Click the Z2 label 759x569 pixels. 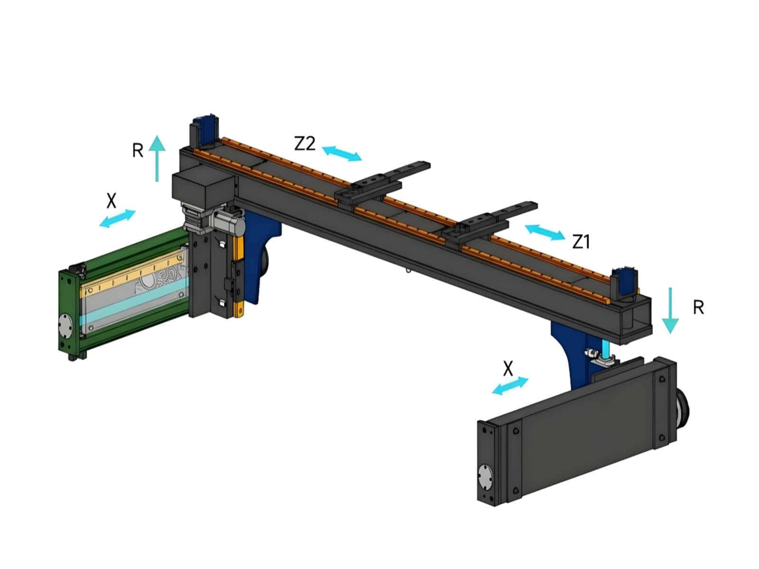pos(305,143)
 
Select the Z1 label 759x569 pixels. pos(581,242)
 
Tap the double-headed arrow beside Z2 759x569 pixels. pos(342,154)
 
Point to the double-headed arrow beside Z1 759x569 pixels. pos(545,232)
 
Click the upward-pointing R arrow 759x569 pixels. pos(157,157)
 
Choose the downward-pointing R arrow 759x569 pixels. pos(670,310)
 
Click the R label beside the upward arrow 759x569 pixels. pos(138,151)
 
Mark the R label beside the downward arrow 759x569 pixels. pos(698,308)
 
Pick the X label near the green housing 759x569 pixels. pos(111,201)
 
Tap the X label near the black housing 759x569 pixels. pos(508,368)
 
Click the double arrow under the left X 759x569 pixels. pos(118,219)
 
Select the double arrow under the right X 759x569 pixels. pos(510,386)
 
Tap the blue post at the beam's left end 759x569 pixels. pos(207,129)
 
